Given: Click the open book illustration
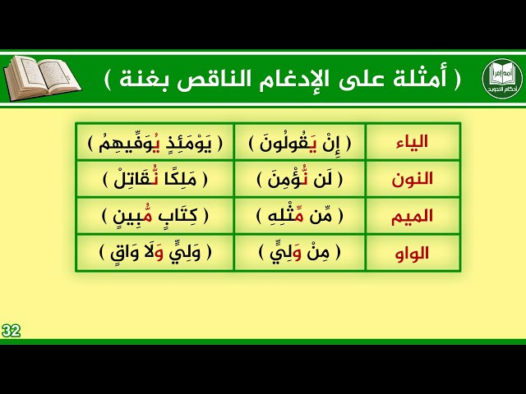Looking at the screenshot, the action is pos(42,79).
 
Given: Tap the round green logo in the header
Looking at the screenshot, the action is pos(502,78).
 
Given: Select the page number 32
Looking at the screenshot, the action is pos(11,331).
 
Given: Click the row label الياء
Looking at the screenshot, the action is pos(412,142).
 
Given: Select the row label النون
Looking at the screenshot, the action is pos(412,180).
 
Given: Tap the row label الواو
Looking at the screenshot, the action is pos(412,254).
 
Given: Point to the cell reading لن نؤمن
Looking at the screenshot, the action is pos(299,180).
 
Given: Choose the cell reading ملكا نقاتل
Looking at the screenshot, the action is pos(155,180).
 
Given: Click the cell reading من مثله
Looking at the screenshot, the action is pos(299,216).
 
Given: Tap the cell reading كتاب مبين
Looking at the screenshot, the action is pos(155,216).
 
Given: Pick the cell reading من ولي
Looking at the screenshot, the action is pos(299,253).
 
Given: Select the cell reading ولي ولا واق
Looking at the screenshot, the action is pos(155,253).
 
